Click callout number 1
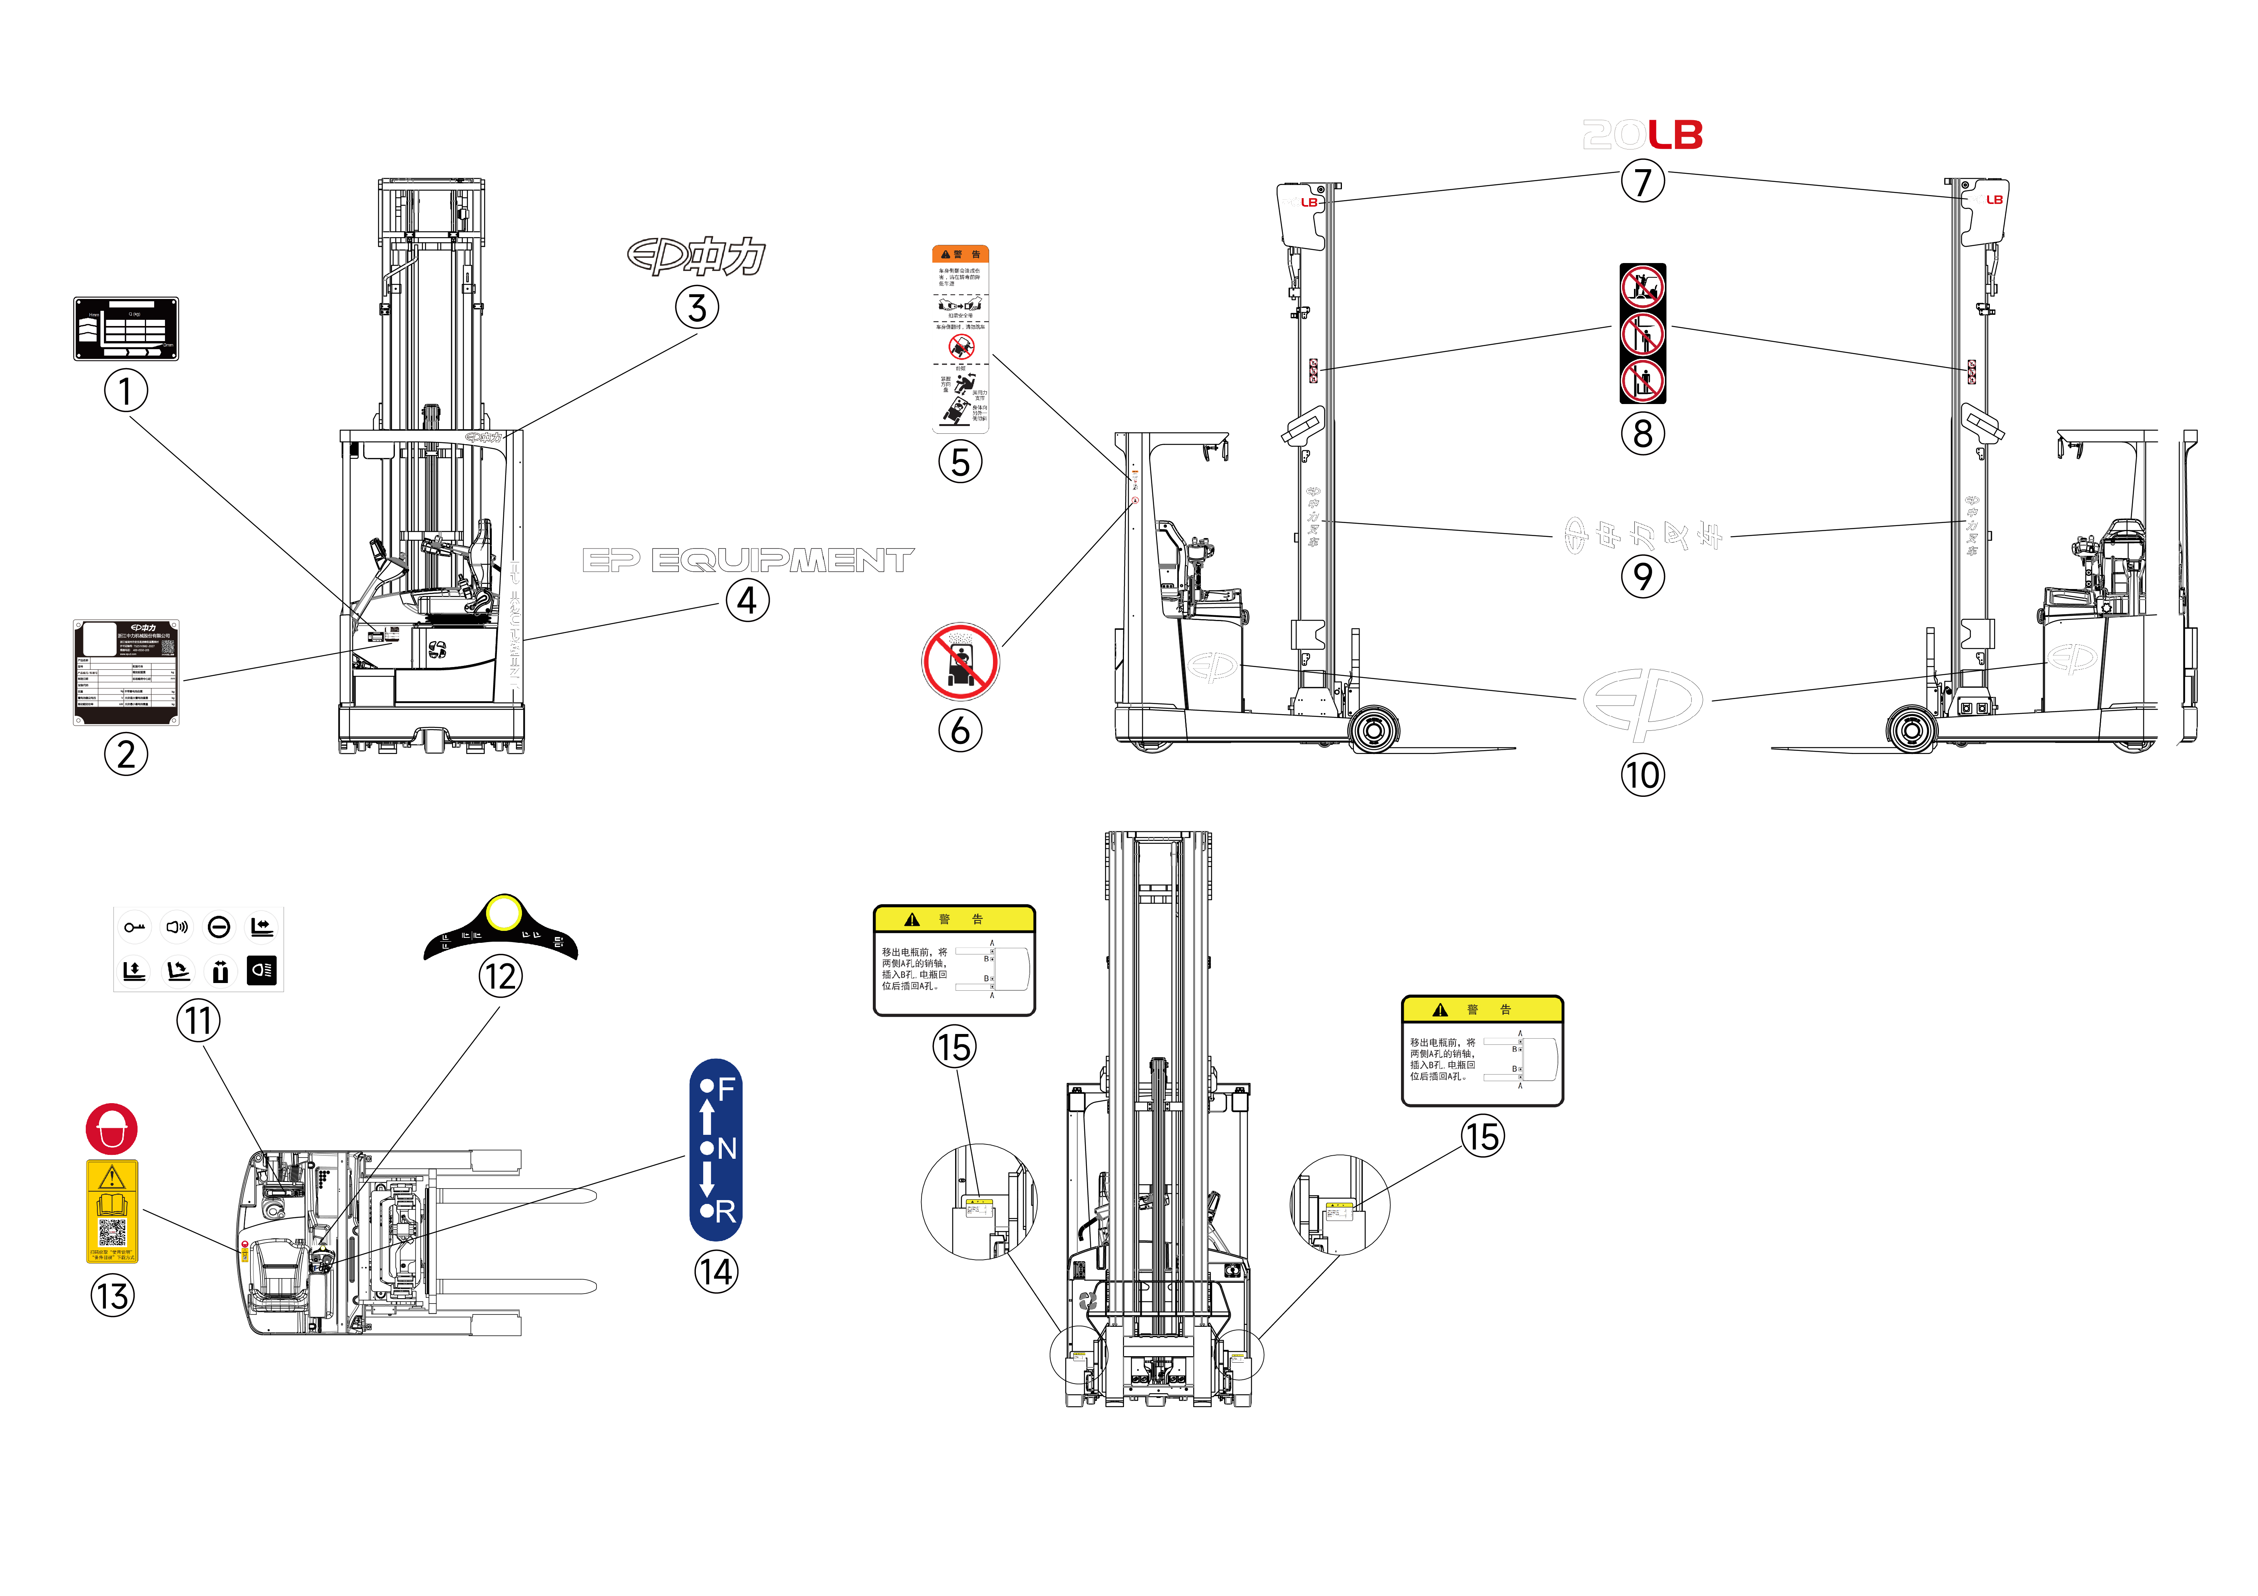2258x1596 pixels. [126, 391]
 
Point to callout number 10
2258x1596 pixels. [1642, 775]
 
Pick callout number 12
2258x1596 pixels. [501, 976]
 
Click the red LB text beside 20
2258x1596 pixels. [1677, 135]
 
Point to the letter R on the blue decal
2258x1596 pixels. [726, 1212]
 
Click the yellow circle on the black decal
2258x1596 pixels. [503, 913]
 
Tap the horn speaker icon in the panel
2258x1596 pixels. [177, 927]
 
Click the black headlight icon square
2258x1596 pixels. [262, 971]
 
